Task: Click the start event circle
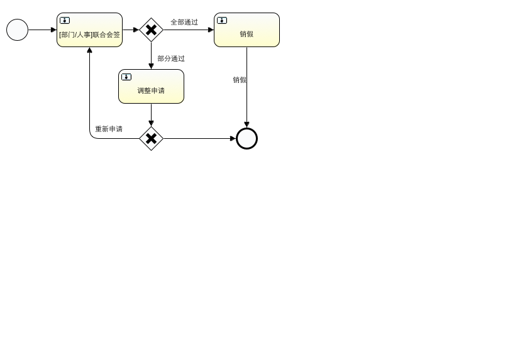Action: (18, 30)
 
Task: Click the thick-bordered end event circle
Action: (247, 138)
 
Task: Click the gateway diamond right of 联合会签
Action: (151, 30)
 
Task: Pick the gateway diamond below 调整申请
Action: (151, 138)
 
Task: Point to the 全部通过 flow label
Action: (184, 22)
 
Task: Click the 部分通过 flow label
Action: (171, 58)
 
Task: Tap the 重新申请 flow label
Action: (109, 129)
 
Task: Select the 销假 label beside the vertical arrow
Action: (240, 80)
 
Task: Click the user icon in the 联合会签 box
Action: (65, 20)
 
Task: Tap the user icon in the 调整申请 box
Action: (126, 77)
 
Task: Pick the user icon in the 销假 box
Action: (222, 20)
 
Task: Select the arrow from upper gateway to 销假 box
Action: (189, 30)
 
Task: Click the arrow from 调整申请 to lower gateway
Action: (151, 115)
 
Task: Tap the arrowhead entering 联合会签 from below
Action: (89, 50)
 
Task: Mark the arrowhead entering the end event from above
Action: (247, 124)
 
